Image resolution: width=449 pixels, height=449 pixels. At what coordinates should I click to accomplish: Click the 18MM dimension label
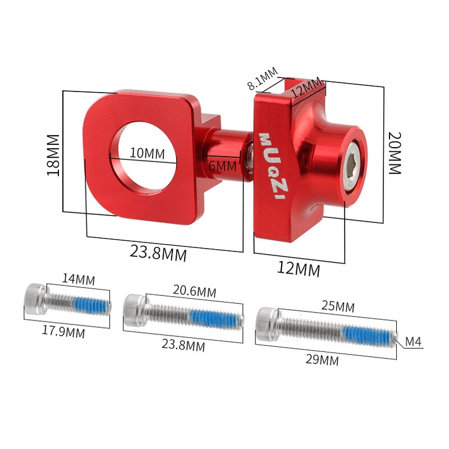coord(53,155)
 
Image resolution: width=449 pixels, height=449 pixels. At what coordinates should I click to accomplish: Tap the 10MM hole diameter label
coord(147,153)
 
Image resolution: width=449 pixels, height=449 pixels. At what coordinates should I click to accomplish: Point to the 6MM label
coord(223,166)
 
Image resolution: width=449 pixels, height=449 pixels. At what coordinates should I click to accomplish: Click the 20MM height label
coord(395,153)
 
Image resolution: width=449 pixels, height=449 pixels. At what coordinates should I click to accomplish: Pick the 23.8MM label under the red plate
coord(158,253)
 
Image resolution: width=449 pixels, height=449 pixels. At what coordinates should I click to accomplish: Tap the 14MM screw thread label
coord(79,279)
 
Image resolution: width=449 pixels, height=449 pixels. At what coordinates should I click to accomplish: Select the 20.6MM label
coord(194,291)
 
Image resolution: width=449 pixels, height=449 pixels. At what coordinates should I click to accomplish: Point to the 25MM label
coord(337,306)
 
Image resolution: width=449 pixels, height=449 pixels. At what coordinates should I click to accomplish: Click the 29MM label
coord(322,360)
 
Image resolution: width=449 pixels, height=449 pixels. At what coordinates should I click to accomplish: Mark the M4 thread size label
coord(414,342)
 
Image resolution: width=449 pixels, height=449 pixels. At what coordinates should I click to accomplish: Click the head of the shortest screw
coord(34,300)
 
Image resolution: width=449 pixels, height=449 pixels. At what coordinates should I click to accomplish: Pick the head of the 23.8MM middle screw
coord(134,310)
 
